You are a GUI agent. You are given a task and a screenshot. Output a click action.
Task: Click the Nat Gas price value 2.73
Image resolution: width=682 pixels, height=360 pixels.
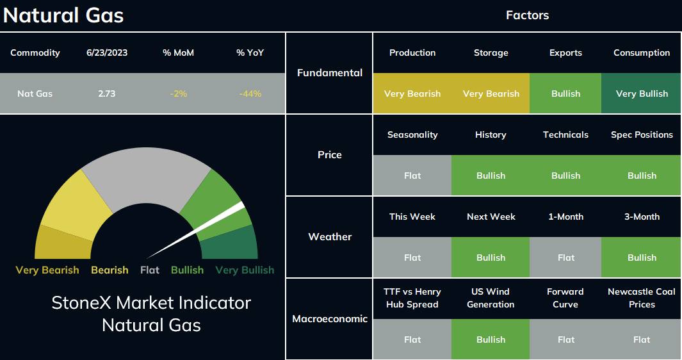click(106, 94)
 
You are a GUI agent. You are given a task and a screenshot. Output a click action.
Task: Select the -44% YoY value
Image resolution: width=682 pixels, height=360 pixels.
click(250, 94)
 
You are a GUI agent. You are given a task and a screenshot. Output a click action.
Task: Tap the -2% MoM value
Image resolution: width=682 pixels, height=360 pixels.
click(178, 94)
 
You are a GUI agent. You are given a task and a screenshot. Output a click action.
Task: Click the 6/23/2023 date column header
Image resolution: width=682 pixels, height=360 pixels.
click(107, 53)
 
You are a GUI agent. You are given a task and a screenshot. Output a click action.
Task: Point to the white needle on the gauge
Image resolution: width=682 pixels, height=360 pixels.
click(196, 230)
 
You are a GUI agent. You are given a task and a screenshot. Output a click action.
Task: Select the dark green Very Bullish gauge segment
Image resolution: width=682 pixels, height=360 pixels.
click(231, 244)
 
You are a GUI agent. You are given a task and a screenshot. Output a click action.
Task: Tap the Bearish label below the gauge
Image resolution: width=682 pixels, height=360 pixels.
click(110, 270)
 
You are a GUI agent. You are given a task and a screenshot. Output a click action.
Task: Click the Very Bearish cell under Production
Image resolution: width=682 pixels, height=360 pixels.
click(412, 94)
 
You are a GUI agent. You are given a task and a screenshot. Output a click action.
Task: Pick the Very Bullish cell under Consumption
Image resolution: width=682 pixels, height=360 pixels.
click(641, 94)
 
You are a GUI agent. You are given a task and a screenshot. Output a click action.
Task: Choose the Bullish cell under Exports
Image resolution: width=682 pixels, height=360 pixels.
click(565, 94)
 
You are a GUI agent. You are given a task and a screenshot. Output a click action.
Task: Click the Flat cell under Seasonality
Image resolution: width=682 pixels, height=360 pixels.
click(412, 176)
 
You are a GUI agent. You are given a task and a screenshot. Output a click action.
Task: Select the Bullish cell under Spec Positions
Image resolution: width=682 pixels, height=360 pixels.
click(641, 176)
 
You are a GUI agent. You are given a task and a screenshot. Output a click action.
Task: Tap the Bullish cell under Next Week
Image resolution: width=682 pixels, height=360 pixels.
click(491, 258)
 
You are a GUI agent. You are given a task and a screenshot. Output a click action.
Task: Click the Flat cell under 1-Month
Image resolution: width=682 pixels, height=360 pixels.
click(565, 258)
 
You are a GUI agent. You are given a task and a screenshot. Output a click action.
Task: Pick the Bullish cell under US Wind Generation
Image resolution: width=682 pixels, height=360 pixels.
click(491, 339)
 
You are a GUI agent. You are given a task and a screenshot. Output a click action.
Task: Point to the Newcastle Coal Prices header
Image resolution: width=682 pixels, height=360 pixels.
click(642, 298)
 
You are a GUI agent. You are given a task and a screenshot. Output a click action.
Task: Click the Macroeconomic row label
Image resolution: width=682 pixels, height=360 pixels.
click(330, 318)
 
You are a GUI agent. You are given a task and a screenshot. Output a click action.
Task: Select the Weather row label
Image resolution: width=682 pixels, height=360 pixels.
click(330, 237)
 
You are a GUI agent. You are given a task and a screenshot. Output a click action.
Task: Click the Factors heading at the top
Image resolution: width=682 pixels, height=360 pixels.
click(527, 15)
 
